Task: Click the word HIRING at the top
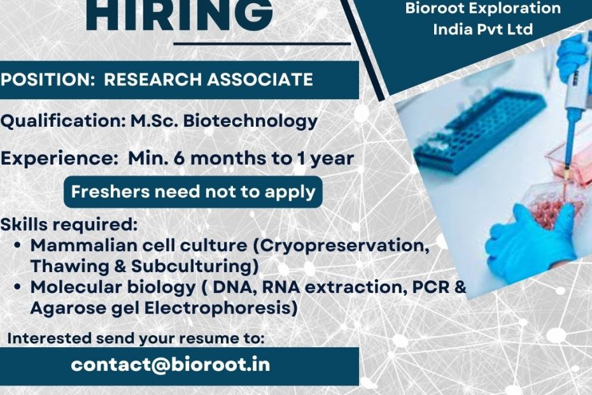click(x=180, y=15)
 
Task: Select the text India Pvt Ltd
click(x=483, y=29)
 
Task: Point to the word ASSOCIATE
click(x=260, y=80)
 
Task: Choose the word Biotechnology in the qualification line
click(x=250, y=121)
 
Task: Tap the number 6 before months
click(x=179, y=159)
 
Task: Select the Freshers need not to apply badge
click(x=193, y=192)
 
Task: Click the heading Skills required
click(x=69, y=224)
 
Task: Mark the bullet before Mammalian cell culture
click(x=17, y=245)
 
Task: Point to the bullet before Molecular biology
click(x=17, y=287)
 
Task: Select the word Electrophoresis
click(x=218, y=308)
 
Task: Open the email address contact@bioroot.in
click(x=170, y=365)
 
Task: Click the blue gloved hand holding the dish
click(x=532, y=238)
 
